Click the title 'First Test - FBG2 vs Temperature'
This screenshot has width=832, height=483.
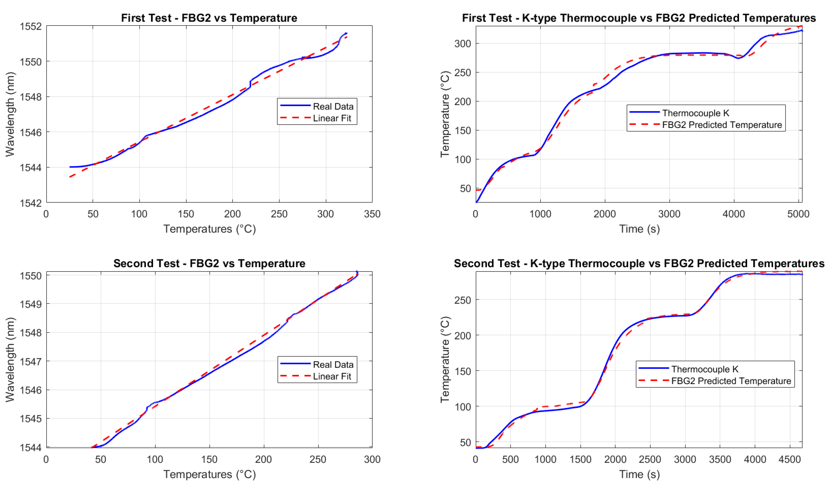coord(209,18)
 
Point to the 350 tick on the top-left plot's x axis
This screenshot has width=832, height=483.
coord(372,214)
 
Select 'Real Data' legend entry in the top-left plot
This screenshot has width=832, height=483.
coord(333,106)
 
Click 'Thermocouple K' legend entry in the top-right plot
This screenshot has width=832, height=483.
coord(695,113)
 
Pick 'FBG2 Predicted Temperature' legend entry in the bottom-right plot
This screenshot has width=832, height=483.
coord(731,381)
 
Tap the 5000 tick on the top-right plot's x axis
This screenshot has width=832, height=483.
coord(798,214)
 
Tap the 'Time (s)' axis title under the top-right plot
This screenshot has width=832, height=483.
coord(639,229)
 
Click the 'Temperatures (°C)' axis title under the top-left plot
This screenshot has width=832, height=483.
coord(209,229)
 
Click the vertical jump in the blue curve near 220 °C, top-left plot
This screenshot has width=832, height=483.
coord(250,83)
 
